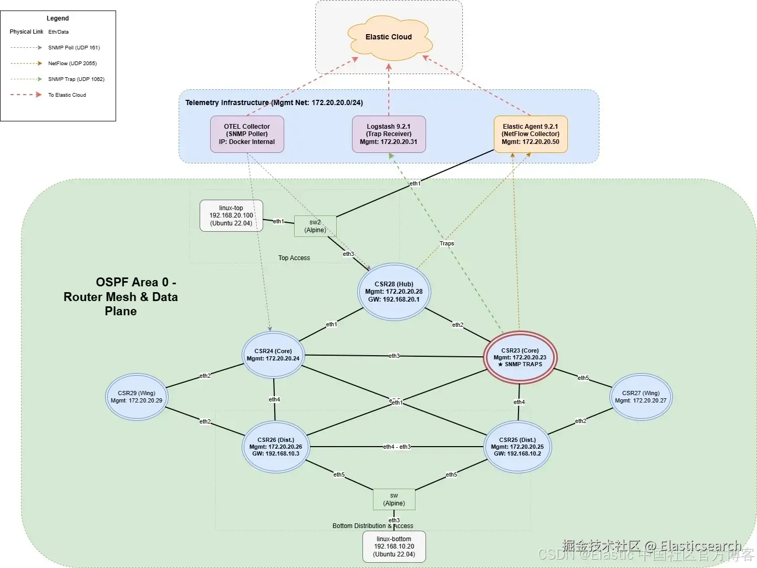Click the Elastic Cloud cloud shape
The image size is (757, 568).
[389, 37]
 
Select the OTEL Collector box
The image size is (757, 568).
[247, 134]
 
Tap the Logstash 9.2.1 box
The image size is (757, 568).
[389, 134]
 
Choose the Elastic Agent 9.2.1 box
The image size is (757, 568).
[531, 134]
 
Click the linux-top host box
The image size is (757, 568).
[231, 215]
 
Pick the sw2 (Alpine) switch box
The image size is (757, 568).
[315, 226]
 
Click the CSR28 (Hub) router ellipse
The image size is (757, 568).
[394, 292]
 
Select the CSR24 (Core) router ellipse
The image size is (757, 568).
[273, 355]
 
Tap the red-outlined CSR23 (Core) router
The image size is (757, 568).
[520, 357]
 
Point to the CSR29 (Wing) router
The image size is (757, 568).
[137, 397]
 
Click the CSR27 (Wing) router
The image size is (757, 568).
[641, 397]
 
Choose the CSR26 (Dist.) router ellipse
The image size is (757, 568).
[276, 447]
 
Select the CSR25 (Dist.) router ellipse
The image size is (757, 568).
[517, 447]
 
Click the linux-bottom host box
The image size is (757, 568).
[394, 546]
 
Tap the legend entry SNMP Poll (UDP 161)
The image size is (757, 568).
[74, 48]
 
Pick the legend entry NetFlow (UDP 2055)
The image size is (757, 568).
[72, 64]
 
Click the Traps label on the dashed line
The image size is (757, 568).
[447, 243]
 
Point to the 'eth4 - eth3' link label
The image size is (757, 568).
[397, 447]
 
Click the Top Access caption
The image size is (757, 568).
[294, 258]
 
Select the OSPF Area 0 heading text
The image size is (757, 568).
[121, 297]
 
